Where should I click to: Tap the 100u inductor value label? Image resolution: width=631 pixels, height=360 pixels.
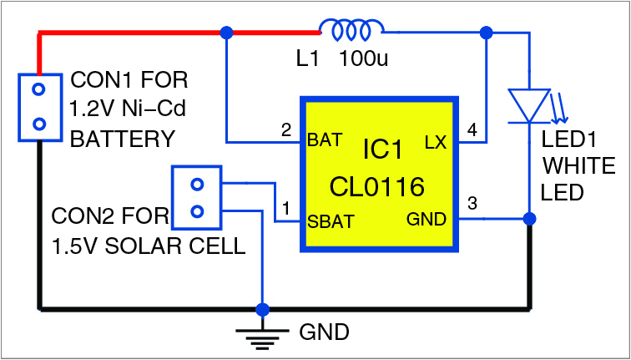(366, 61)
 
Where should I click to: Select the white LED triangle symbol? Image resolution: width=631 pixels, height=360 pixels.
(529, 105)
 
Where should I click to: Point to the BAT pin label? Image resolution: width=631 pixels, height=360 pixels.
(325, 139)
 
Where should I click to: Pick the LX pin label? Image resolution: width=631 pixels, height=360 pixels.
(436, 142)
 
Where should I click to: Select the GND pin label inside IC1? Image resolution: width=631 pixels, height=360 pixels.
(426, 220)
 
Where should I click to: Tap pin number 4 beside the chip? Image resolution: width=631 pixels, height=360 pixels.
(472, 130)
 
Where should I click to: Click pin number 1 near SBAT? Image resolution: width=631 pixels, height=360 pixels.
(288, 208)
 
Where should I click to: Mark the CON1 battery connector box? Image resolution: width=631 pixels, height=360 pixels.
(39, 106)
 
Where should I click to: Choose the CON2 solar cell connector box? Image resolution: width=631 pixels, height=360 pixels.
(197, 197)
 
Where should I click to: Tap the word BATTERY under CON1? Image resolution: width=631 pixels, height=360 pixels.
(123, 139)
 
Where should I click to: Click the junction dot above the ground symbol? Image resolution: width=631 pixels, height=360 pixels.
(263, 309)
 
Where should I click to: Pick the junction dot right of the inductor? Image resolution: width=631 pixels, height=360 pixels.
(487, 33)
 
